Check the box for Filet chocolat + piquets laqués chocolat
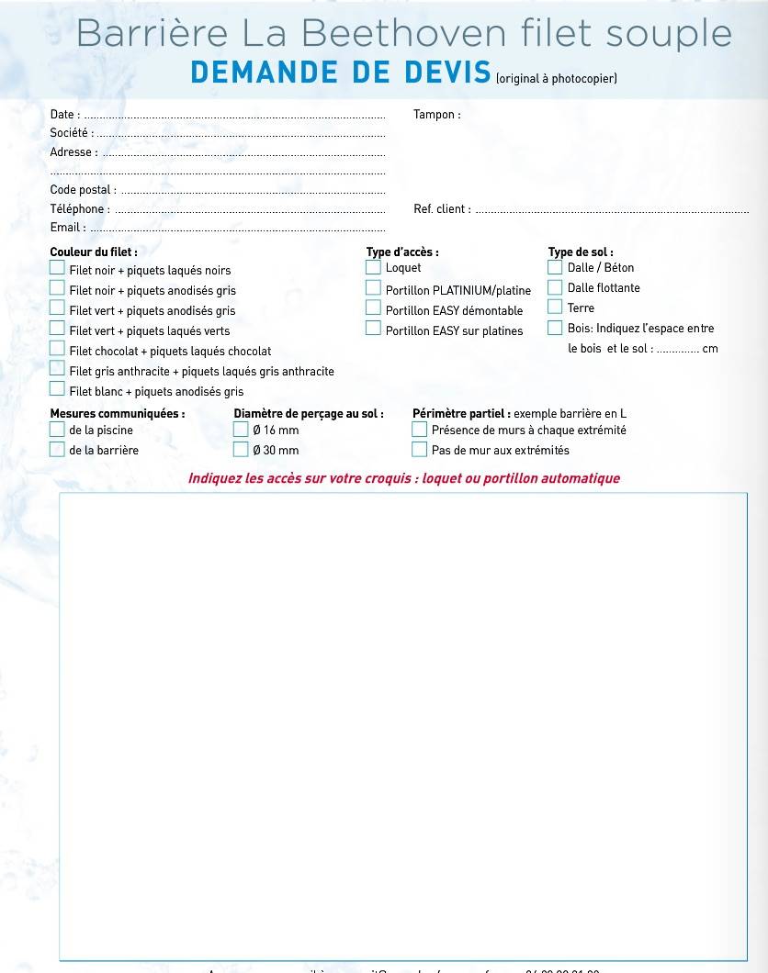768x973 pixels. tap(57, 349)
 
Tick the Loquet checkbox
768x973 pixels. tap(373, 267)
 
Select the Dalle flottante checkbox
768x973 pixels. tap(555, 287)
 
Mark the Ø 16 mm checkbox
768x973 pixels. tap(241, 429)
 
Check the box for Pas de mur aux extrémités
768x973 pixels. tap(420, 449)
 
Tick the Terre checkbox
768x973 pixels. tap(555, 308)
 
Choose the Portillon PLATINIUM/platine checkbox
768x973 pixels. tap(373, 288)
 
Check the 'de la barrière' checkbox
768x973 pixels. tap(57, 449)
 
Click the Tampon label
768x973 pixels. tap(436, 115)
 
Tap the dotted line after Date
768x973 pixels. tap(234, 117)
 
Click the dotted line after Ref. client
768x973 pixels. tap(611, 211)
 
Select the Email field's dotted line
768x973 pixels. tap(237, 229)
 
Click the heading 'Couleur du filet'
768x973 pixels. tap(94, 252)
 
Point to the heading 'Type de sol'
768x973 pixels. tap(581, 252)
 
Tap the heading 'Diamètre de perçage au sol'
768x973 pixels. tap(309, 414)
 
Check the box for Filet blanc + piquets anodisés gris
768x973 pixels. tap(57, 389)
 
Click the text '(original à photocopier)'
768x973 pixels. tap(557, 79)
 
